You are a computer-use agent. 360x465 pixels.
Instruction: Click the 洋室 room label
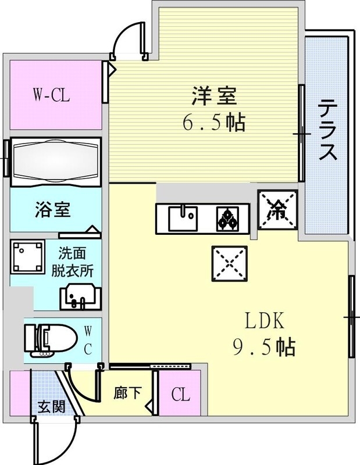click(x=214, y=96)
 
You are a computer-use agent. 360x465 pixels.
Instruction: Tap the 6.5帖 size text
click(x=214, y=123)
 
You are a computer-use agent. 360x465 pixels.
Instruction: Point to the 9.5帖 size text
click(x=264, y=347)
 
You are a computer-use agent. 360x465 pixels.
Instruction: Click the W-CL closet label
click(x=51, y=95)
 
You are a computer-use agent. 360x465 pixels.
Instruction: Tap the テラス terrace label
click(x=328, y=130)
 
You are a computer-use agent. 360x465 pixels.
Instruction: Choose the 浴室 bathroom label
click(x=53, y=209)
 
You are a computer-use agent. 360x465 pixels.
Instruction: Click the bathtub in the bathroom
click(x=56, y=162)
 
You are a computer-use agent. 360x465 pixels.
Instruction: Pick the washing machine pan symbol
click(x=27, y=257)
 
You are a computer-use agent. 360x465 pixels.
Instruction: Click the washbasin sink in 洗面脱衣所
click(x=81, y=297)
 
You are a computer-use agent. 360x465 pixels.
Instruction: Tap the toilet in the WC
click(x=51, y=340)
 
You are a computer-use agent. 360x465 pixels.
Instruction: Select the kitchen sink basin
click(x=183, y=218)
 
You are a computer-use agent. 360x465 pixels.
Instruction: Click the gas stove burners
click(x=227, y=219)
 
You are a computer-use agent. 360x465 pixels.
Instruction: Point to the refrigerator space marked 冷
click(x=277, y=210)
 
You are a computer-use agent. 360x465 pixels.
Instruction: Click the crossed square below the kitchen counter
click(x=229, y=263)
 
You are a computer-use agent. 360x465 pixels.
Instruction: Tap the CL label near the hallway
click(x=180, y=395)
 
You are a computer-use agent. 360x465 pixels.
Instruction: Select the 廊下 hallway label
click(x=127, y=393)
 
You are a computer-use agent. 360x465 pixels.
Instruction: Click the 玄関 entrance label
click(x=52, y=407)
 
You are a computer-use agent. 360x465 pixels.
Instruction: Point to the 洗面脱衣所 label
click(x=72, y=262)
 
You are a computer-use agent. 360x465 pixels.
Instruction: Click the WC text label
click(x=88, y=340)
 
